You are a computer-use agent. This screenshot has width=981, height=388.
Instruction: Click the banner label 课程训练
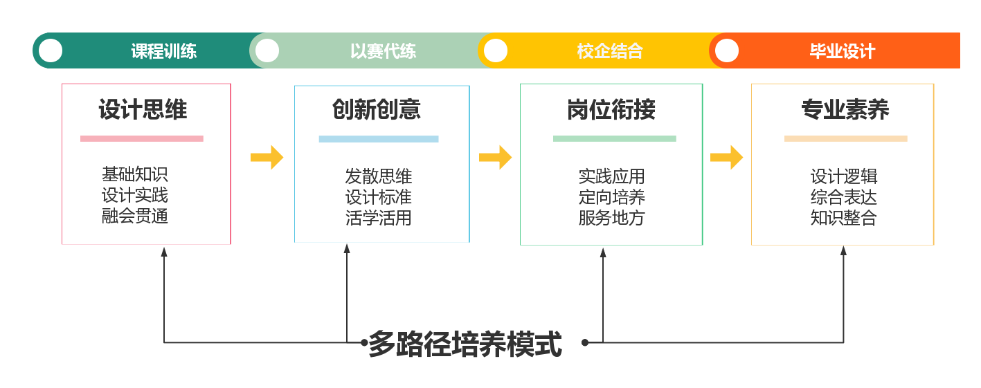point(164,51)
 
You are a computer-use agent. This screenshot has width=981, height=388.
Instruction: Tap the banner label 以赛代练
point(383,51)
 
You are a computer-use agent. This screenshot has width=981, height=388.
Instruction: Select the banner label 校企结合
point(610,51)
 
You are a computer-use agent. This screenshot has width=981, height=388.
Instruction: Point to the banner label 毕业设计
point(843,51)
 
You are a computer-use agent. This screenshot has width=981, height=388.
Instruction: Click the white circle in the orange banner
point(727,50)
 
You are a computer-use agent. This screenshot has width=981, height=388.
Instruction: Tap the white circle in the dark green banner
point(51,50)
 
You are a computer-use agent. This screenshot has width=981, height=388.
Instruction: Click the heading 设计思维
point(143,110)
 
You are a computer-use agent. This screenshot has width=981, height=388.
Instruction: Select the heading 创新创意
point(377,110)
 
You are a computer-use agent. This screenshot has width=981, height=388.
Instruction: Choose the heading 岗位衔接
point(611,110)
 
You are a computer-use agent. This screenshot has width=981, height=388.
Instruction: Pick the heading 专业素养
point(845,110)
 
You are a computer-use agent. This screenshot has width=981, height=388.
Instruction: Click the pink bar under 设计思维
point(142,138)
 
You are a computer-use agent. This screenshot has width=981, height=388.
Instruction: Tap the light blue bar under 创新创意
point(379,138)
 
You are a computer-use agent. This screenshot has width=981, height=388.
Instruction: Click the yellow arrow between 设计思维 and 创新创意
point(267,157)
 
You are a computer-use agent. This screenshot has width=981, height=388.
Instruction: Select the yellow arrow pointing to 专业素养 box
point(726,157)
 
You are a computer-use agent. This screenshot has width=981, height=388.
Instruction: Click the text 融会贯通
point(135,216)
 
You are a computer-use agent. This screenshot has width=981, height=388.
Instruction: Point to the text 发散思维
point(379,176)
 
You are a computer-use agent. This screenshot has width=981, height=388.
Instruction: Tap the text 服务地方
point(612,218)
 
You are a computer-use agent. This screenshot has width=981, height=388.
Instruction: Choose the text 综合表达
point(844,197)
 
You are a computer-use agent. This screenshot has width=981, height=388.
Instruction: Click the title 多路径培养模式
point(465,344)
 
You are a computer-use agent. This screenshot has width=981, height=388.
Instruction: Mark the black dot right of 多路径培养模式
point(585,342)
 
